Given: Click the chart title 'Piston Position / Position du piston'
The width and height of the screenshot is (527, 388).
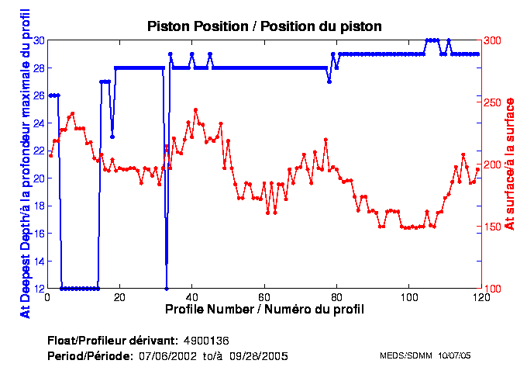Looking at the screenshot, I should tap(264, 26).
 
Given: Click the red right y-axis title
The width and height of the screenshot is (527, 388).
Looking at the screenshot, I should tap(509, 164).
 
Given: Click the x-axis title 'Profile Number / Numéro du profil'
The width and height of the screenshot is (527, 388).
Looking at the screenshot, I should tap(264, 309).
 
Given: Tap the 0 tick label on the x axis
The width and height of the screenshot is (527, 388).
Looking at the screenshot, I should tap(47, 297).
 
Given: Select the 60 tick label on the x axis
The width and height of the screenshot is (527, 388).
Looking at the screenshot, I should tap(264, 297).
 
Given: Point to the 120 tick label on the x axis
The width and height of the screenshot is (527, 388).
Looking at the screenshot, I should tap(480, 297).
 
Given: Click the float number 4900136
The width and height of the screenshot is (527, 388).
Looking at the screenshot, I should tap(205, 341).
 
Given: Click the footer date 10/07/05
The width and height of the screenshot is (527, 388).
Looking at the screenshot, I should tap(455, 355).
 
